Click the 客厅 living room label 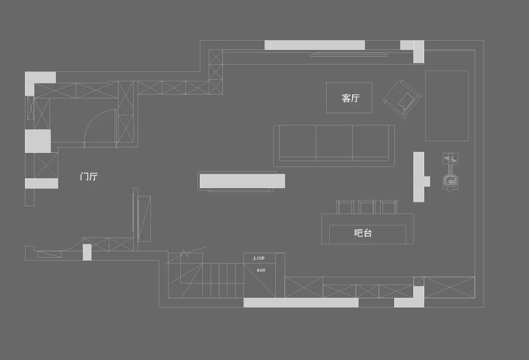click(351, 98)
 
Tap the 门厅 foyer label click(89, 176)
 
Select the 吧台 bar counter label click(363, 233)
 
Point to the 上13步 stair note click(258, 258)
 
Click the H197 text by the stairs click(261, 270)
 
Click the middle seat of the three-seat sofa click(334, 142)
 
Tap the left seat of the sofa click(297, 142)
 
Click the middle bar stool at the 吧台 click(366, 206)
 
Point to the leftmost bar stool click(345, 206)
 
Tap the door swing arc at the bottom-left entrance click(72, 245)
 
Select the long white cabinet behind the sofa click(242, 181)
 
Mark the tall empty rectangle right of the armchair click(446, 105)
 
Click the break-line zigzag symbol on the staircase click(185, 254)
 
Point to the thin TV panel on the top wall click(349, 55)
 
